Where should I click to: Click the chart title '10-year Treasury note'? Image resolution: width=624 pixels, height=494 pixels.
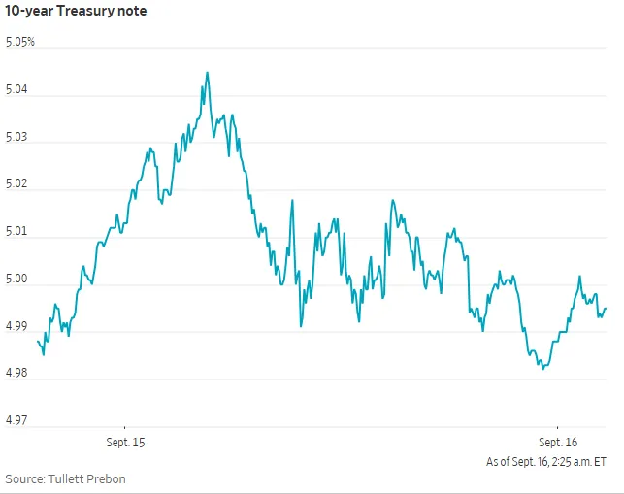(76, 11)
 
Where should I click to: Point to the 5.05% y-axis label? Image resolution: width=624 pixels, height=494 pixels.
(20, 42)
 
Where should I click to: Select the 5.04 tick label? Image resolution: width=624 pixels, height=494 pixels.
(16, 89)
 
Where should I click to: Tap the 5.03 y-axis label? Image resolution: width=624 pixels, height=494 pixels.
(16, 137)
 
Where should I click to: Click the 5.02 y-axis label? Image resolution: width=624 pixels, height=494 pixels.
(16, 183)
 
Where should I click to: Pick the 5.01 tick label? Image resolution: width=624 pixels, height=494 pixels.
(16, 231)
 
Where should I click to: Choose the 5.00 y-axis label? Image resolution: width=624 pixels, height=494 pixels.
(16, 279)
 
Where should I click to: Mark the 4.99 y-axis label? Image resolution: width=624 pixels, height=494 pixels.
(16, 326)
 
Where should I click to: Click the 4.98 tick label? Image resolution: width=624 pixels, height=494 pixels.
(16, 373)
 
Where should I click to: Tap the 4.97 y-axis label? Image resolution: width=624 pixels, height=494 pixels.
(16, 420)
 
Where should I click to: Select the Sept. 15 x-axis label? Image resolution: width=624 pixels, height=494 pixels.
(125, 443)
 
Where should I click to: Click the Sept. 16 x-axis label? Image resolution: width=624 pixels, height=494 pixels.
(558, 443)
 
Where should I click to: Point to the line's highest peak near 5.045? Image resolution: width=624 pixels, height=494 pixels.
(208, 73)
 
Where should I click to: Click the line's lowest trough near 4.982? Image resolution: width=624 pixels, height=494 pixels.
(542, 369)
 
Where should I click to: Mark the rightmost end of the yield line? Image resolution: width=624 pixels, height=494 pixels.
(606, 308)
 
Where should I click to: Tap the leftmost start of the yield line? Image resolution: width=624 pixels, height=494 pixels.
(38, 342)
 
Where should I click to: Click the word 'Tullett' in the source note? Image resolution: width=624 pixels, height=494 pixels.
(65, 478)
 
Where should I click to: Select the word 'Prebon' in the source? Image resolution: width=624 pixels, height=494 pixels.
(106, 478)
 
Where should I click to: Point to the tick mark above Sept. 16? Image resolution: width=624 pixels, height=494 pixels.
(558, 428)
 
